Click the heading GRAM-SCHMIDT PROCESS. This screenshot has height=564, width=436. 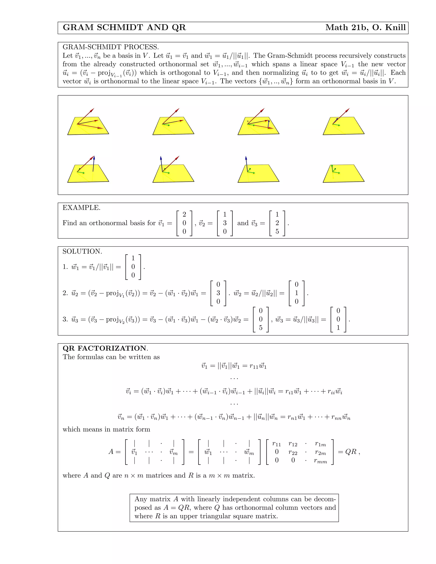coord(110,47)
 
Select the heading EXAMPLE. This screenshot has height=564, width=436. coord(81,208)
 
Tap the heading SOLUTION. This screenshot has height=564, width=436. coord(82,251)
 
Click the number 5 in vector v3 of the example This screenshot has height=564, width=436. coord(277,231)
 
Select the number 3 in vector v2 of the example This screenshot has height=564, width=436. coord(225,223)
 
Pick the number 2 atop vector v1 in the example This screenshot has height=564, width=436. coord(184,214)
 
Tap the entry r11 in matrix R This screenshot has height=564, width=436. coord(276,444)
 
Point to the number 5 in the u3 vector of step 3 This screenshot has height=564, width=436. coord(261,328)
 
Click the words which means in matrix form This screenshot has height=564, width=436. coord(106,429)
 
